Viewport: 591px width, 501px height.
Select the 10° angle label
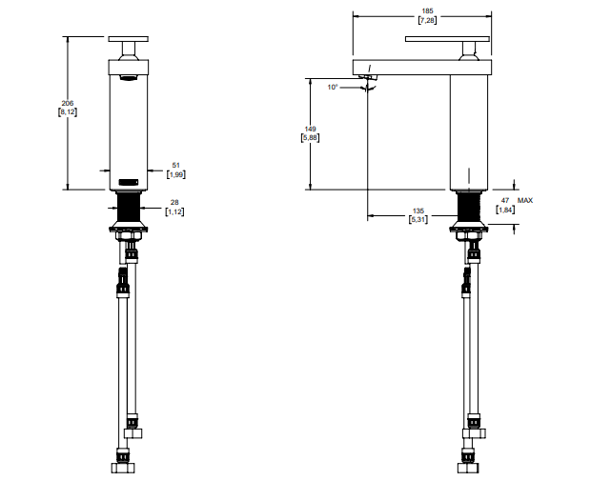pos(333,88)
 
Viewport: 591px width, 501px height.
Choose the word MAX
pos(525,200)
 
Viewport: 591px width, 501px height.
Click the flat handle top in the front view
pos(128,39)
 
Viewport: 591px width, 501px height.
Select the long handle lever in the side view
pos(447,39)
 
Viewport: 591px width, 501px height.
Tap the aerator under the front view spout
pos(129,77)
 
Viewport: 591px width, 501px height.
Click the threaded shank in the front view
pos(129,208)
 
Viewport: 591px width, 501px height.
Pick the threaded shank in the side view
pos(469,208)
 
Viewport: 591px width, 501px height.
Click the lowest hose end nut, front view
pos(123,468)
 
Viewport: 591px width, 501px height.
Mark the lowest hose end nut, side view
pos(468,468)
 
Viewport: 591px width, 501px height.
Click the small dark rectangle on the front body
pos(129,182)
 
